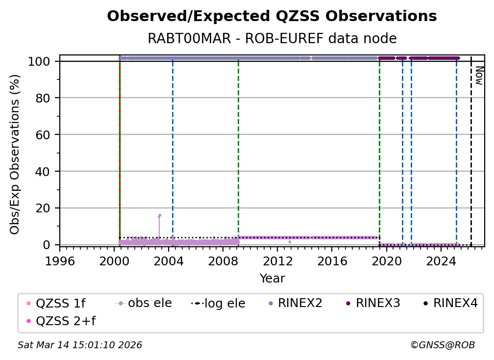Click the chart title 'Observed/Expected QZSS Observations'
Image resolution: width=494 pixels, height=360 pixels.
[272, 17]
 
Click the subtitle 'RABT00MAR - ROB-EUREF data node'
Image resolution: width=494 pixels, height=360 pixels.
[272, 39]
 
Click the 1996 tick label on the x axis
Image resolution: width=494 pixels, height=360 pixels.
[60, 261]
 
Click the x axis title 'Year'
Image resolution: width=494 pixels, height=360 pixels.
[272, 279]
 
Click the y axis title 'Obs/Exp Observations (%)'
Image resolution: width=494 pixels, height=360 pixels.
[15, 154]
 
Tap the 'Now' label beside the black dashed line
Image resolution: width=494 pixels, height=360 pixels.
[479, 76]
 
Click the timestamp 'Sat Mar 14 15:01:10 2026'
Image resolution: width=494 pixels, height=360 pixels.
[80, 345]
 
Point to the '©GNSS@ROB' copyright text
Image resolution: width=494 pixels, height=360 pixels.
[443, 345]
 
